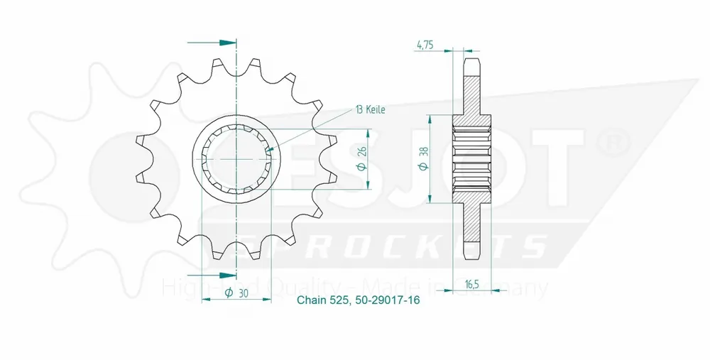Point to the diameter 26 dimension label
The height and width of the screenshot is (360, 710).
(x=360, y=160)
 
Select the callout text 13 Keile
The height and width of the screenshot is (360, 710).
(x=370, y=109)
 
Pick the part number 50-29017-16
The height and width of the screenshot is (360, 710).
(x=386, y=300)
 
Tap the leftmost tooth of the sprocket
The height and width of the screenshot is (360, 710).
(x=140, y=170)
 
